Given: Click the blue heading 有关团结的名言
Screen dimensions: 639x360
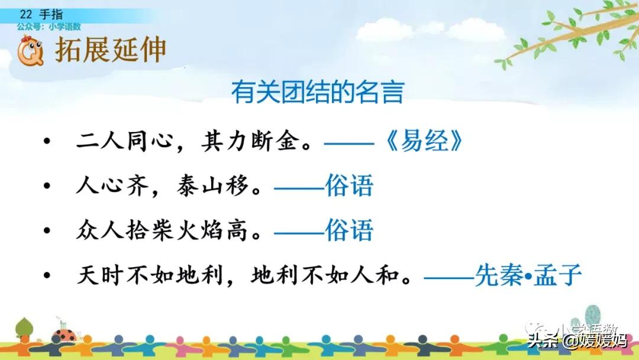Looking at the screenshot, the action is (x=318, y=92).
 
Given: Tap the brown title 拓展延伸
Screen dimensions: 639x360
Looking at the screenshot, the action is (x=111, y=50).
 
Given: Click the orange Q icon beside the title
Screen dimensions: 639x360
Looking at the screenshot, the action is (x=30, y=51).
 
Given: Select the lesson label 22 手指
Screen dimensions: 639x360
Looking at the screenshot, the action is (x=41, y=14).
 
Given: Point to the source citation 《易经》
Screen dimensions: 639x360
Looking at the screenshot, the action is (x=424, y=141).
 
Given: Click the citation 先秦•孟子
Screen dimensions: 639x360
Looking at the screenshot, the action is (x=528, y=275).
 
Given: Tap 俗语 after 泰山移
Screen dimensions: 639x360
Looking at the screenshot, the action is (x=349, y=186).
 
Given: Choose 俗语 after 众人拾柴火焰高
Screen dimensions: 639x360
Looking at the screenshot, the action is (x=349, y=230).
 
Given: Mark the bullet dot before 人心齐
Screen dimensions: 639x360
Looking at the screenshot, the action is (x=47, y=185).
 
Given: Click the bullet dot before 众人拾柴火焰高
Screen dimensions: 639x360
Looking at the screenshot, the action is (x=47, y=230).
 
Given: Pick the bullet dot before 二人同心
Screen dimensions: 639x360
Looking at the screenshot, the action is (x=47, y=141).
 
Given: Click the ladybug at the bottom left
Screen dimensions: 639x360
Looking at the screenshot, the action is (x=65, y=335).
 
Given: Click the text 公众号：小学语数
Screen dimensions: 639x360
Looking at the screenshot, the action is (x=49, y=27).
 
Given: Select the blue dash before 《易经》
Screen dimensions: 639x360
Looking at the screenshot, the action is (x=349, y=143).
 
